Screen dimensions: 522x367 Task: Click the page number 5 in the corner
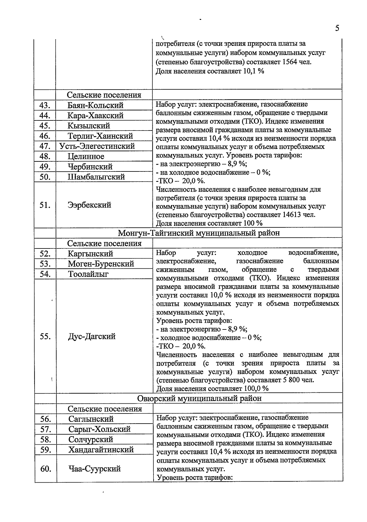click(337, 28)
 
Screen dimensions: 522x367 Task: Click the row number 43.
click(45, 105)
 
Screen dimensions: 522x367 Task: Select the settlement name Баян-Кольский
click(95, 105)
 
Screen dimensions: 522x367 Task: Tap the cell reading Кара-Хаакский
click(95, 116)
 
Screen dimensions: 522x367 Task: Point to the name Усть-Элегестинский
click(97, 146)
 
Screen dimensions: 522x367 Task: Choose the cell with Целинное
click(86, 156)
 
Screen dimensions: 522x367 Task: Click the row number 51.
click(45, 205)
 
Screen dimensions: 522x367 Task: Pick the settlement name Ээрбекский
click(89, 205)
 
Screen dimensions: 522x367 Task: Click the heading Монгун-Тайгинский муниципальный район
click(199, 233)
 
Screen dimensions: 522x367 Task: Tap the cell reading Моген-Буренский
click(101, 264)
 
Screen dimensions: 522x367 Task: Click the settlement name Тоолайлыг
click(88, 274)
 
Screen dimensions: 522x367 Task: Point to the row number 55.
click(45, 336)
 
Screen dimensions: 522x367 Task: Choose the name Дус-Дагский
click(92, 336)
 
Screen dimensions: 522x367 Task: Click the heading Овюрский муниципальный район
click(199, 399)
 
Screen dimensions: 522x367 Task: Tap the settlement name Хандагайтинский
click(101, 450)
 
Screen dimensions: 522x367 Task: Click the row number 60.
click(46, 469)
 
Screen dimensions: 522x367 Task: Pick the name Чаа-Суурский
click(95, 469)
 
